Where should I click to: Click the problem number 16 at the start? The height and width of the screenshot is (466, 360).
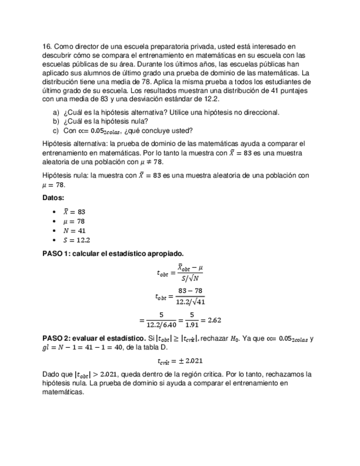[46, 47]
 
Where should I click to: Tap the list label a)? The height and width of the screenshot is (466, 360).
[56, 113]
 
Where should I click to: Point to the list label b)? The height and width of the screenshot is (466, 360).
[56, 121]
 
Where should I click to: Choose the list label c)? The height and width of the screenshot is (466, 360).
[56, 131]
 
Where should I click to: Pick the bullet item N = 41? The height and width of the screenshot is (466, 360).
[74, 231]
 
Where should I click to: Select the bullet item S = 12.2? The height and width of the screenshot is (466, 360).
[76, 240]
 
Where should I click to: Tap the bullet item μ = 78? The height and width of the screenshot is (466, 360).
[74, 221]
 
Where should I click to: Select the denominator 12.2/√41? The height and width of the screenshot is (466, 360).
[190, 302]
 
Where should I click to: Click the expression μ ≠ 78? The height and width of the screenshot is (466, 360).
[148, 162]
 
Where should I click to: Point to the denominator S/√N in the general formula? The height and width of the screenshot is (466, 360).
[190, 278]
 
